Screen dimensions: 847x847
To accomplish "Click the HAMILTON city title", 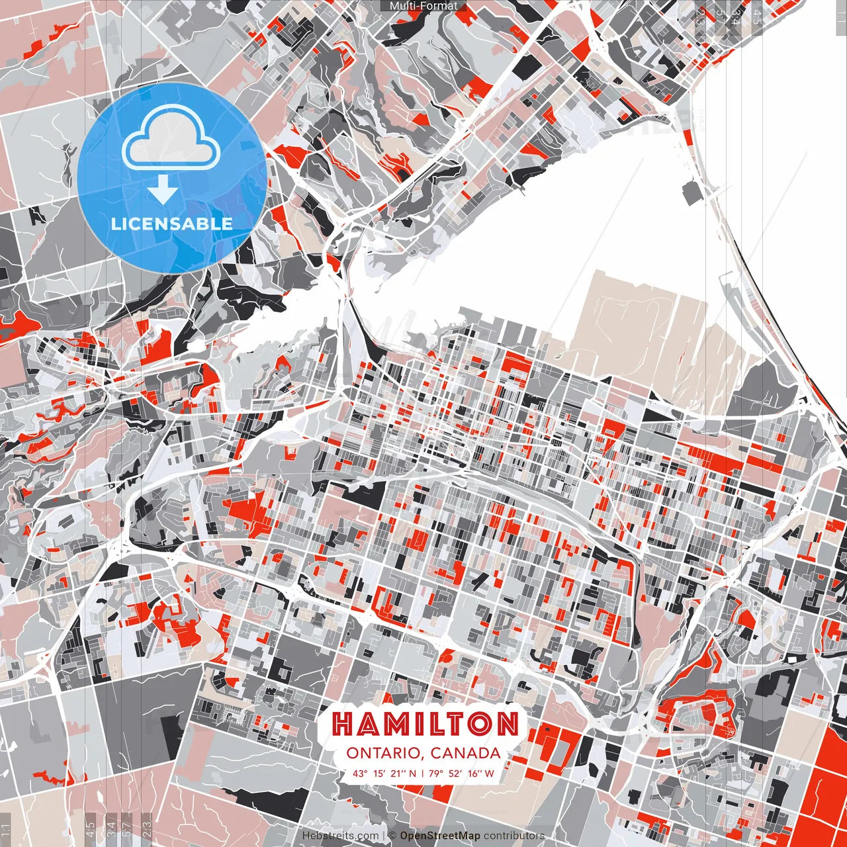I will [x=424, y=724].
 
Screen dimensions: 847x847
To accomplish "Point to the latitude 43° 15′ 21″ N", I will [x=384, y=773].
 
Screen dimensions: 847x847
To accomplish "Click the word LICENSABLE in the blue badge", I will [x=172, y=224].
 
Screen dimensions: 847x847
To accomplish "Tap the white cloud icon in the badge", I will [x=171, y=141].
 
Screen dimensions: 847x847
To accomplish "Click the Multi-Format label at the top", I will [x=423, y=6].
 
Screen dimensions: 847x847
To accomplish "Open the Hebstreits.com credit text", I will [x=341, y=836].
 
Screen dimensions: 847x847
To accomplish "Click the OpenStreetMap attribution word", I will [x=440, y=836].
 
